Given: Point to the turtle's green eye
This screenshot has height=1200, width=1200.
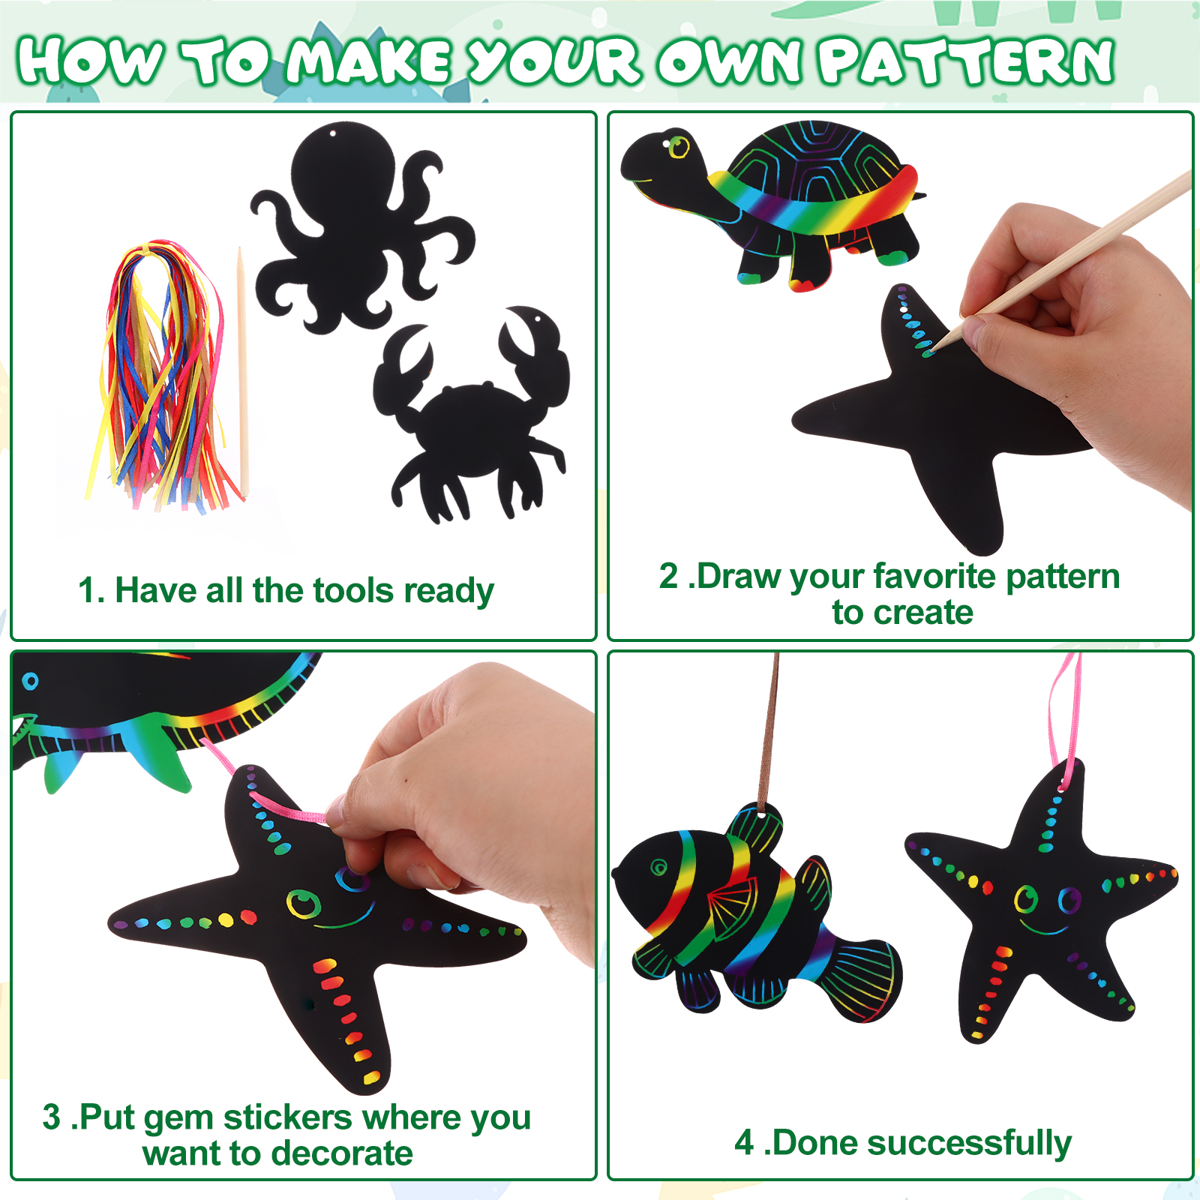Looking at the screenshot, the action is tap(679, 145).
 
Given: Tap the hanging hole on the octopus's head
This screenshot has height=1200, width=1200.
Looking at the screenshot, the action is tap(332, 133).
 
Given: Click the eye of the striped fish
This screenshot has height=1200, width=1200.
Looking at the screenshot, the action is tap(658, 868).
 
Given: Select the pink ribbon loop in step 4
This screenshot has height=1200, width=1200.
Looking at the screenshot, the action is tap(1065, 720).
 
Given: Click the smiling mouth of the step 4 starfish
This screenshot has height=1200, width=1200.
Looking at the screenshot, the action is tap(1044, 930).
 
